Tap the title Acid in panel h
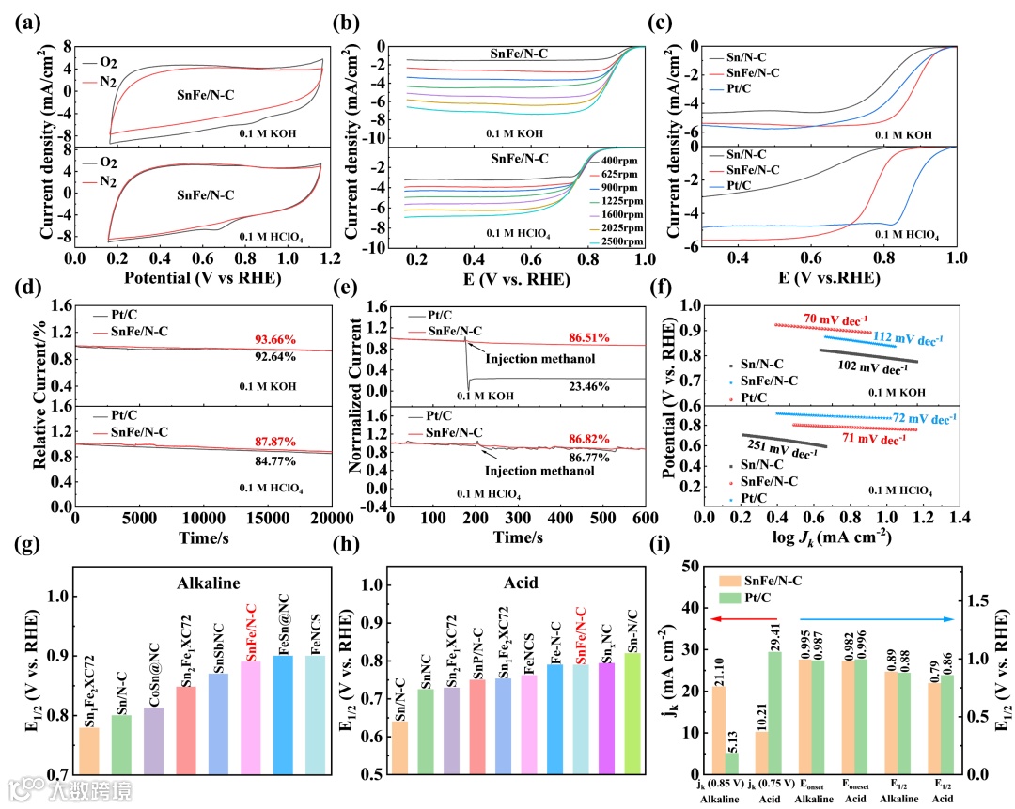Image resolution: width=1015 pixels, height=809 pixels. pos(520,583)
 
